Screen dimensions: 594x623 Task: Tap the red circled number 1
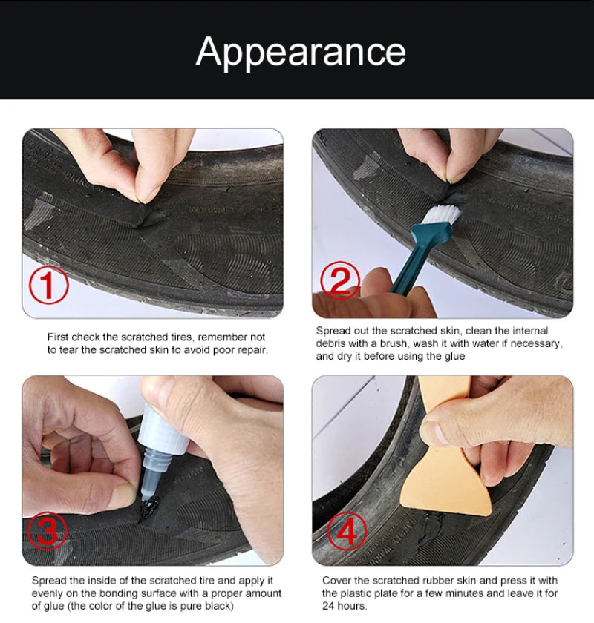coord(48,285)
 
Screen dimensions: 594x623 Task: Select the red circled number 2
coord(339,280)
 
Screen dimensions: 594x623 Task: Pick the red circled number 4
coord(347,530)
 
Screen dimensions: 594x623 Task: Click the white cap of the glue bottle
coord(163,429)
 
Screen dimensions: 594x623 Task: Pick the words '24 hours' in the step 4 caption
coord(345,606)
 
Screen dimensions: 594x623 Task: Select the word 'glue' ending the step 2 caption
coord(454,357)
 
